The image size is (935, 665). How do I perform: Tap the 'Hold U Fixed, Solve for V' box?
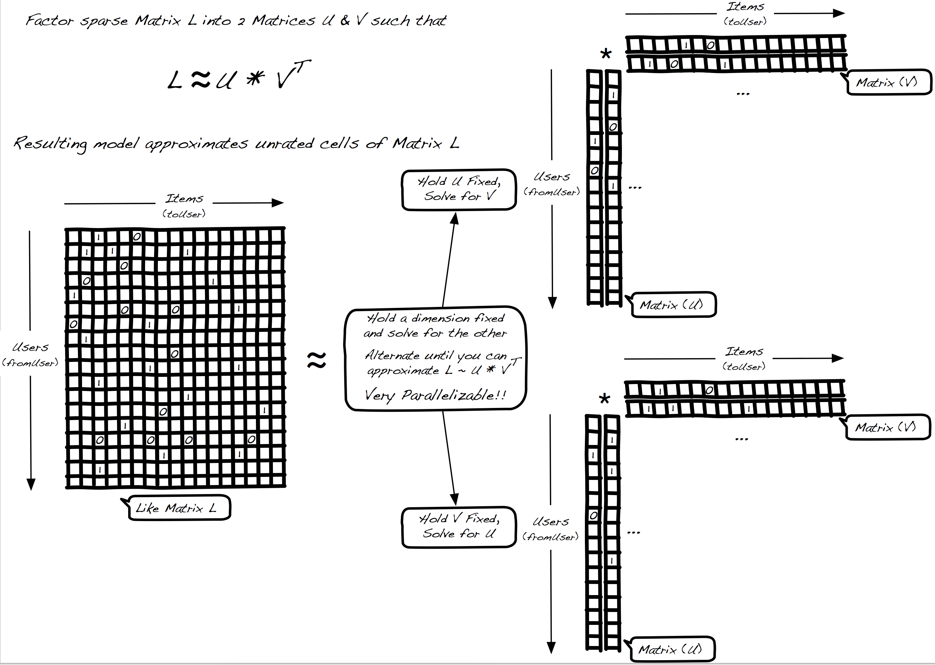coord(459,189)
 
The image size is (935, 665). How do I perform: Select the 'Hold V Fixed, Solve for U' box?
coord(459,527)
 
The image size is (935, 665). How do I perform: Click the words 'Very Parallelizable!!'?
coord(435,395)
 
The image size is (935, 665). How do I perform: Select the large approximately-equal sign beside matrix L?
coord(317,360)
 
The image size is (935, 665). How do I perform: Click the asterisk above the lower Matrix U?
coord(604,399)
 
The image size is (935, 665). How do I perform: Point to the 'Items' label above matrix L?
coord(184,199)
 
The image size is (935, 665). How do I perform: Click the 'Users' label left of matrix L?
coord(30,347)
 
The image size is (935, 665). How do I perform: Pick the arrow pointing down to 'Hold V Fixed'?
coord(449,459)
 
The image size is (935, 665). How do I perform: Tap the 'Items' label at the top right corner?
coord(745,7)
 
